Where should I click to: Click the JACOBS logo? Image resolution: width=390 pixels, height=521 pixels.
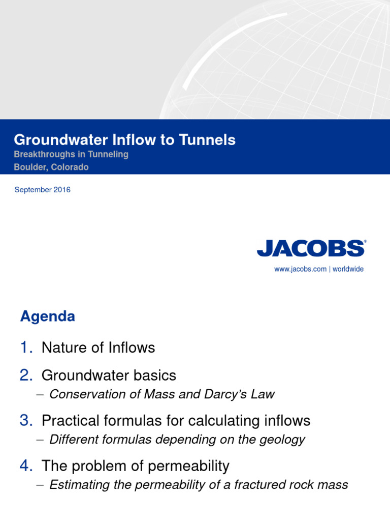pyautogui.click(x=311, y=248)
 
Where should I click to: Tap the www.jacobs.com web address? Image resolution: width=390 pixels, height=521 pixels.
pyautogui.click(x=300, y=269)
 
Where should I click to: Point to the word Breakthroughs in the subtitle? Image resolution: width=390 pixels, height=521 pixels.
pyautogui.click(x=43, y=154)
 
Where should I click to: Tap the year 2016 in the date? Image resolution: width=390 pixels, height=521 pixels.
pyautogui.click(x=61, y=190)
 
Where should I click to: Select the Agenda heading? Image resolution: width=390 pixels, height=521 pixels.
pyautogui.click(x=47, y=316)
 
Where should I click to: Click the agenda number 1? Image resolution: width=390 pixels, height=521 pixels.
pyautogui.click(x=26, y=348)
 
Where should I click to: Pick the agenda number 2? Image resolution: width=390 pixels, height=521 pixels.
pyautogui.click(x=26, y=375)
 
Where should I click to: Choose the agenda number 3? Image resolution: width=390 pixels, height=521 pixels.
pyautogui.click(x=26, y=421)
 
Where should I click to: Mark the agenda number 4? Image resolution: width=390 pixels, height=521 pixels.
pyautogui.click(x=26, y=466)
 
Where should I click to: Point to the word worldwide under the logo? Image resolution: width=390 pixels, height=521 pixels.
pyautogui.click(x=348, y=269)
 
